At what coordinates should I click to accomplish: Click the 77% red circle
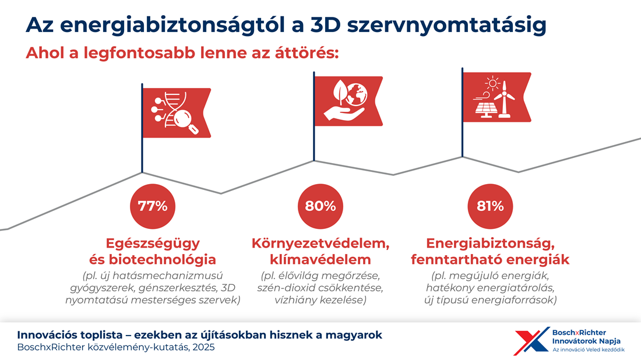[153, 206]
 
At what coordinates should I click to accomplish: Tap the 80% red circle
[320, 206]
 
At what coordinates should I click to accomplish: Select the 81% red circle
[488, 206]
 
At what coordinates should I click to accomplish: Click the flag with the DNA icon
[177, 112]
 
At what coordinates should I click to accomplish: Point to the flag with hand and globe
[348, 101]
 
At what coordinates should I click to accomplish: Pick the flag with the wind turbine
[496, 97]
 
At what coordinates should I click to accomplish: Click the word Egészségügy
[153, 243]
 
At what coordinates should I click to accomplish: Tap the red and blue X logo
[530, 341]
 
